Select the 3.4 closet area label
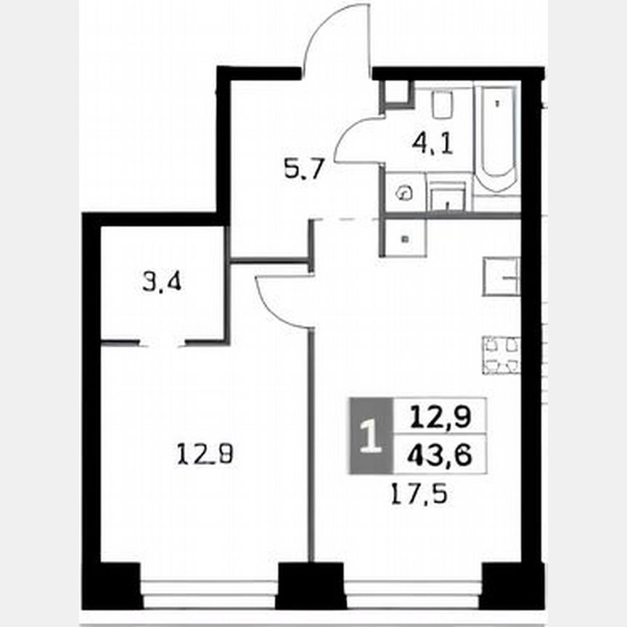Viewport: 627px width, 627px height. [x=161, y=282]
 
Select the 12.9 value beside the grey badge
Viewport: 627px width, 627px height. [x=440, y=417]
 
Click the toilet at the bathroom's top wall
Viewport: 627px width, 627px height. [x=442, y=106]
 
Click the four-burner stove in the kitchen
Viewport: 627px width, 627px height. [x=501, y=355]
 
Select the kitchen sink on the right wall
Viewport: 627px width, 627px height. [x=501, y=276]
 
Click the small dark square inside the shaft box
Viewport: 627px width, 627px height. [x=404, y=238]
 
